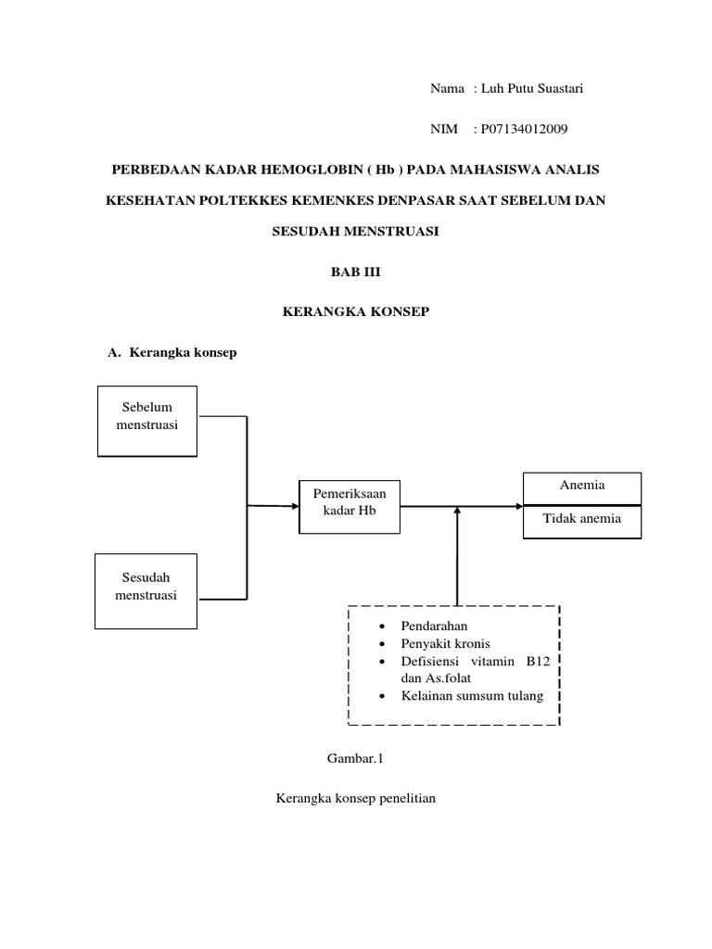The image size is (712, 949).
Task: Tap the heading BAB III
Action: [x=356, y=272]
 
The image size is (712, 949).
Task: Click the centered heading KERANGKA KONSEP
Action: [x=356, y=312]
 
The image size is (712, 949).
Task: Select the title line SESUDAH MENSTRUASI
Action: [x=356, y=232]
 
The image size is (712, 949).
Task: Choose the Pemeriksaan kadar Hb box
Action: [x=350, y=506]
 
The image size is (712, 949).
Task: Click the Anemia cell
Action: [x=582, y=485]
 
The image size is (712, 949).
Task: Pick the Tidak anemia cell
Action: [x=582, y=519]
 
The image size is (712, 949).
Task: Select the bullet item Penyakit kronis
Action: [x=445, y=643]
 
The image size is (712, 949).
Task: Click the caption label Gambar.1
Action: [x=355, y=758]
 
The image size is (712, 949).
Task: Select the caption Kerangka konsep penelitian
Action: [x=356, y=798]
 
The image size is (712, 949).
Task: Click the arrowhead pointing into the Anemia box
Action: [x=517, y=506]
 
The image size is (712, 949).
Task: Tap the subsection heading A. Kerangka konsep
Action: [x=173, y=352]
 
